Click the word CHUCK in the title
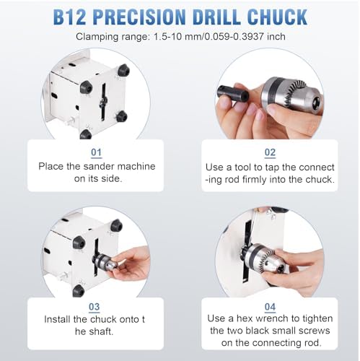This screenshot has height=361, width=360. [277, 17]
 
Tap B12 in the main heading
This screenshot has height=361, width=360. [69, 17]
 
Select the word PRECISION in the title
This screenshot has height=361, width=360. [139, 17]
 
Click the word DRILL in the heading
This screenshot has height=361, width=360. [216, 17]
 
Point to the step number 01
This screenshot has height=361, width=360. [96, 152]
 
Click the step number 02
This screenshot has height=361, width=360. [270, 152]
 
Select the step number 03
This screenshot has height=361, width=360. [94, 307]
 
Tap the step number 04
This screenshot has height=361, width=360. [270, 307]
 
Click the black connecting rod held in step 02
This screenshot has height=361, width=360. [232, 93]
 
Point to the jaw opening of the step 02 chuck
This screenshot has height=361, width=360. [317, 102]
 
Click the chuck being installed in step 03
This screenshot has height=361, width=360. [105, 261]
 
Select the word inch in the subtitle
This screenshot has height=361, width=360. [276, 37]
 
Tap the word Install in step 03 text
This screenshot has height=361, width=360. [57, 320]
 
